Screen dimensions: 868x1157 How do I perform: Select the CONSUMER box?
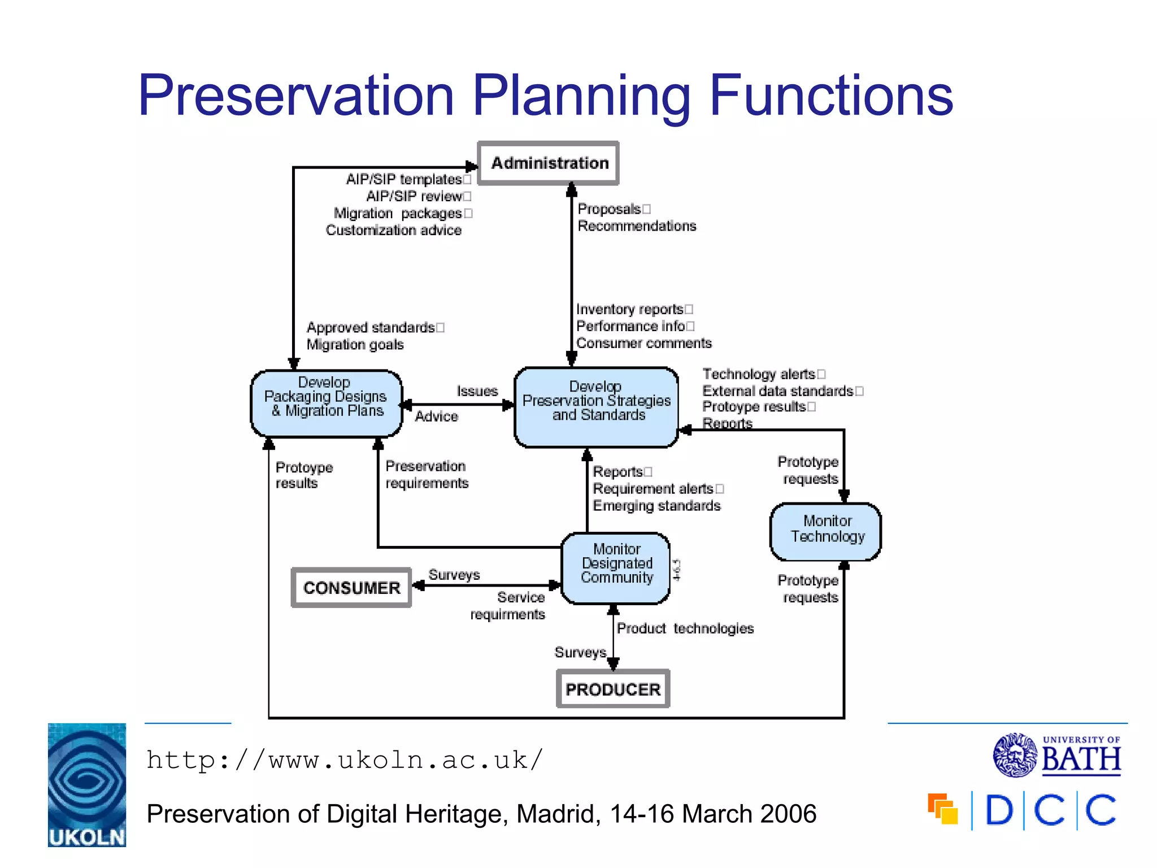point(351,588)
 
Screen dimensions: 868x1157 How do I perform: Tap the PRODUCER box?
point(613,689)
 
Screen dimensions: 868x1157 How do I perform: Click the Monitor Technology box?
point(826,531)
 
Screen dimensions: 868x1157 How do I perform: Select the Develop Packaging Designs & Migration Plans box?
point(326,403)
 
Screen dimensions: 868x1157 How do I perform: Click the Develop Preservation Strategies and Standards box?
point(596,406)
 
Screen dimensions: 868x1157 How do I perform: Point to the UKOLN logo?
point(87,785)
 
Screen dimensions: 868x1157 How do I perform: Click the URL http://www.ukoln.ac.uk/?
point(345,760)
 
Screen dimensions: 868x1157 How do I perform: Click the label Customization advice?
point(394,231)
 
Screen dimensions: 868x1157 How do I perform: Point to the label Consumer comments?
point(643,344)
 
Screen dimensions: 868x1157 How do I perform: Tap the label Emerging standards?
point(656,506)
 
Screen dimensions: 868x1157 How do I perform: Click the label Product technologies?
point(685,628)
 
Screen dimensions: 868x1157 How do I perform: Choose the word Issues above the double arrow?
point(477,391)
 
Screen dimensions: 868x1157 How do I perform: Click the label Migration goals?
point(355,345)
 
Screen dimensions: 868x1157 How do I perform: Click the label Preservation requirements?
point(427,475)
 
